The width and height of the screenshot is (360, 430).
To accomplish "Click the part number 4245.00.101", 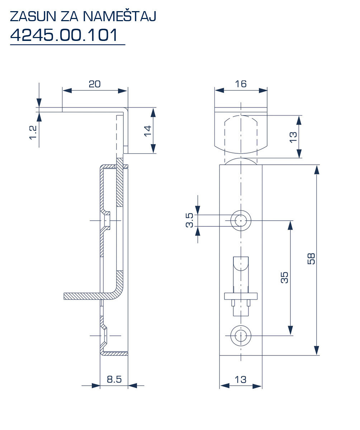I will coord(64,35).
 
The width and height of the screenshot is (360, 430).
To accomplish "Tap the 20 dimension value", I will coord(95,84).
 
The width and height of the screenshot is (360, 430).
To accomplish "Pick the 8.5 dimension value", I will coord(114,379).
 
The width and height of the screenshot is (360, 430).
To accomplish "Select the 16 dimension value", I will coord(241,84).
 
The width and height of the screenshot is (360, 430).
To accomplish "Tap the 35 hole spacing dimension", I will coord(284,277).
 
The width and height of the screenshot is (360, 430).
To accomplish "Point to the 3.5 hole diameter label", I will coord(189,220).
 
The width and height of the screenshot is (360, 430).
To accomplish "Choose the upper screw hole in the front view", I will coord(241,220).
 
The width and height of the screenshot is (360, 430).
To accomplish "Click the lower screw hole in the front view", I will coord(241,336).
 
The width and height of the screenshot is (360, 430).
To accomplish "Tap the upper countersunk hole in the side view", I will coord(106,220).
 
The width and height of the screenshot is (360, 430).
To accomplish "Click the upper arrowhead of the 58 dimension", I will coord(316,169).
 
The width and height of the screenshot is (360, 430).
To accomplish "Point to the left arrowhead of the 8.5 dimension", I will coord(95,386).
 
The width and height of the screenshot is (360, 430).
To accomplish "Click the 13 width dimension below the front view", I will coord(241,379).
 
